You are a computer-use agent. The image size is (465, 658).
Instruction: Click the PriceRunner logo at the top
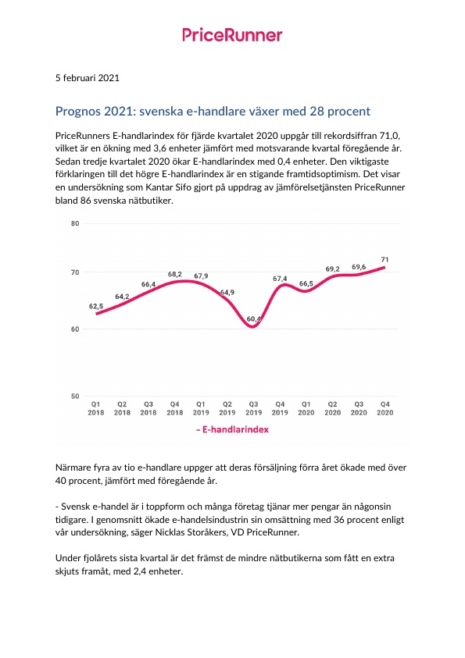[x=232, y=35]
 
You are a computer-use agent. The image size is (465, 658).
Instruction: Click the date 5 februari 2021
[x=88, y=78]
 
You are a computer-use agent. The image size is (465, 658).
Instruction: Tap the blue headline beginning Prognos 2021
[x=213, y=111]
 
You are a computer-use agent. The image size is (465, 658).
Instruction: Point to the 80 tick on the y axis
[x=75, y=223]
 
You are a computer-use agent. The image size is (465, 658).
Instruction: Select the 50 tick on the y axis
[x=75, y=397]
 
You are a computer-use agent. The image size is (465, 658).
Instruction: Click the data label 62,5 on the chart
[x=96, y=306]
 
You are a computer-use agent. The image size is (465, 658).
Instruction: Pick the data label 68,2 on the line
[x=175, y=274]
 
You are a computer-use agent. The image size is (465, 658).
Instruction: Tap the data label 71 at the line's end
[x=385, y=260]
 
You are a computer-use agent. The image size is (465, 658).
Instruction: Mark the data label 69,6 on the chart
[x=359, y=267]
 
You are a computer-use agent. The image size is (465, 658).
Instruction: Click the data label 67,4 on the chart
[x=280, y=279]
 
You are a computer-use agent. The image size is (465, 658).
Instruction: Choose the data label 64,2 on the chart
[x=122, y=297]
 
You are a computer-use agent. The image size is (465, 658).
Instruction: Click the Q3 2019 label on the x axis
[x=254, y=408]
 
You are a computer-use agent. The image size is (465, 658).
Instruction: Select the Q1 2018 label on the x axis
[x=96, y=408]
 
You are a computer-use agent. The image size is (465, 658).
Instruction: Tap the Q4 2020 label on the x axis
[x=385, y=408]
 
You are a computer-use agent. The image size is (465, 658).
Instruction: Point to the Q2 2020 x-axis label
[x=332, y=408]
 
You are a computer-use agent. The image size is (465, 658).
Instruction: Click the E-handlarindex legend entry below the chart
[x=232, y=430]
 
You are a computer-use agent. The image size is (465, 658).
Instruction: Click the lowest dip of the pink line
[x=253, y=326]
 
